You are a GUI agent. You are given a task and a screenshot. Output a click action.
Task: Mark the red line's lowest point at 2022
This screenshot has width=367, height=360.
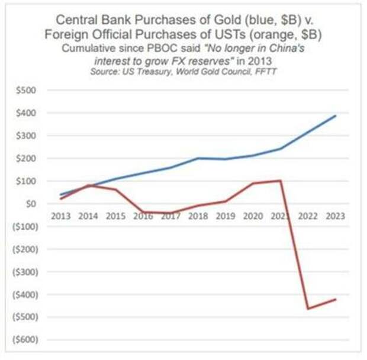[x=308, y=308]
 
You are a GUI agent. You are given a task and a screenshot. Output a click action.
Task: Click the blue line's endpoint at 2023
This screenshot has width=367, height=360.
[x=336, y=116]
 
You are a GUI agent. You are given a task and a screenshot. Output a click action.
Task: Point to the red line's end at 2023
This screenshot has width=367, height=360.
[x=336, y=299]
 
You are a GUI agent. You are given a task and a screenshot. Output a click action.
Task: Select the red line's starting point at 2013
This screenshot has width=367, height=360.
[x=61, y=198]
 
